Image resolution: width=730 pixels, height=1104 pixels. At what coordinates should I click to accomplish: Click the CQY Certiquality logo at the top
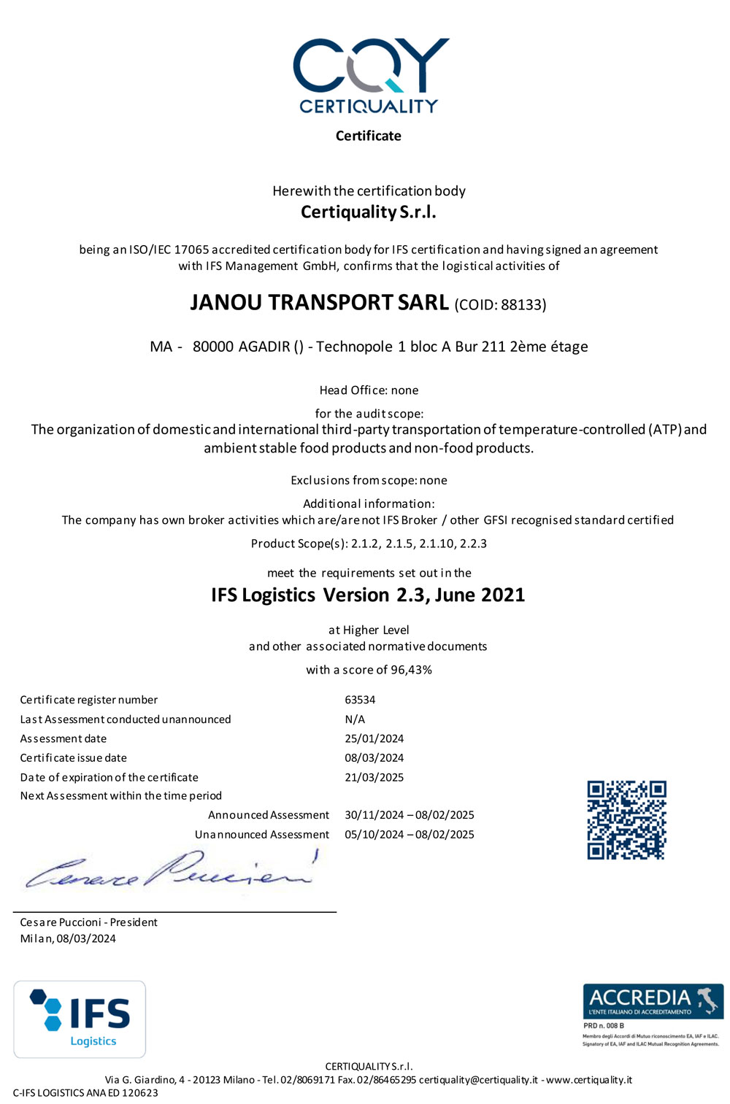tap(370, 75)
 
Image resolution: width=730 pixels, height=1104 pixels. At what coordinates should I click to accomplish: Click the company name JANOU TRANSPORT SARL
tap(319, 303)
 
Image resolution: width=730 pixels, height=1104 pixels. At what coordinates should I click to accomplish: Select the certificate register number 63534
tap(360, 700)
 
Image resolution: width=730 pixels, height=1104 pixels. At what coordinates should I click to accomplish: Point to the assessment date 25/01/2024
tap(374, 738)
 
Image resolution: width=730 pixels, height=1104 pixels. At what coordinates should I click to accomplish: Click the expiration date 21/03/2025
tap(374, 777)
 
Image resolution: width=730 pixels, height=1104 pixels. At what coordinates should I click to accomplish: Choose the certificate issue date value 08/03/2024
tap(374, 758)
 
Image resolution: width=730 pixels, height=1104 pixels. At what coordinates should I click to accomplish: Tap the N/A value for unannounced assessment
tap(355, 719)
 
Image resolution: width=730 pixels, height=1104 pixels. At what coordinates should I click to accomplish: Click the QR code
tap(626, 820)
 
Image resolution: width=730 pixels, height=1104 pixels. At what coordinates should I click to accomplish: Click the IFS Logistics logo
tap(80, 1019)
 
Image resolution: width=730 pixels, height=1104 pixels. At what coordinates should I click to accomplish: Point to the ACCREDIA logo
tap(653, 1001)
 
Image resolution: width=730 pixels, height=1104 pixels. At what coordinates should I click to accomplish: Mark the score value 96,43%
tap(411, 670)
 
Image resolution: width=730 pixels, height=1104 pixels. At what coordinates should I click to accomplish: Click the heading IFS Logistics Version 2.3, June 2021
tap(368, 595)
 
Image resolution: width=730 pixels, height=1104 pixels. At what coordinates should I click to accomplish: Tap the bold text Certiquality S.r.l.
tap(368, 212)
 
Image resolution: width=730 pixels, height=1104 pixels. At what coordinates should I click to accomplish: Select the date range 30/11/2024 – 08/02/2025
tap(409, 815)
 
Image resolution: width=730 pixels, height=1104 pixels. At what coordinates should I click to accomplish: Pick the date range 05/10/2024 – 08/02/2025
tap(409, 835)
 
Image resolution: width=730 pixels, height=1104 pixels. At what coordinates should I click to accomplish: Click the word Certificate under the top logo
tap(368, 136)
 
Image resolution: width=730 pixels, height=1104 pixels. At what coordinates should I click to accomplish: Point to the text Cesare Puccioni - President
tap(88, 922)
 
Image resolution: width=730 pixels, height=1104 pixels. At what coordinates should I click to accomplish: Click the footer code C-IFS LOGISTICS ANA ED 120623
tap(85, 1092)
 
